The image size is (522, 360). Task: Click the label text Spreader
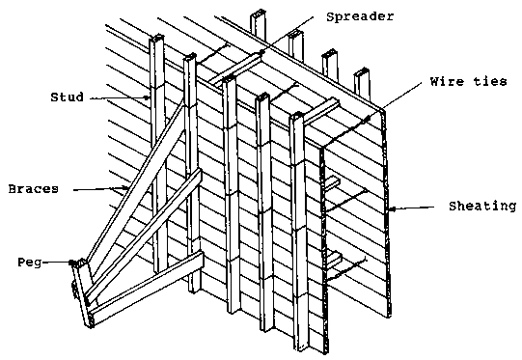(360, 16)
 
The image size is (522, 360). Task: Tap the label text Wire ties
(468, 82)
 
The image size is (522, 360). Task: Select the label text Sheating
(482, 207)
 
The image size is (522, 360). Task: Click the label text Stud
(67, 97)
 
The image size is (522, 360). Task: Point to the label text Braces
(34, 189)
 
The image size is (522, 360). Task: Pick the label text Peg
(30, 263)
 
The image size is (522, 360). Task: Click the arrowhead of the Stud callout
(148, 97)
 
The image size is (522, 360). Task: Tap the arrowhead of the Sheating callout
(393, 209)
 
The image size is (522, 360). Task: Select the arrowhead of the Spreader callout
(263, 52)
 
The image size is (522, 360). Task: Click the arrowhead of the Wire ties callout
(368, 119)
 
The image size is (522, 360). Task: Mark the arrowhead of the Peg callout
(71, 263)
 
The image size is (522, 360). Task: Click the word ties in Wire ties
(490, 82)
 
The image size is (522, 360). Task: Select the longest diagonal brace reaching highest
(135, 181)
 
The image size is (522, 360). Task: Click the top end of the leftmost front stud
(156, 37)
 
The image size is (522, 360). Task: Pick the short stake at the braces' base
(82, 293)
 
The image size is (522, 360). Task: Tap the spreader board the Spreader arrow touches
(235, 69)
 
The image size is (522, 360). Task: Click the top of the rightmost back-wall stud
(362, 71)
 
